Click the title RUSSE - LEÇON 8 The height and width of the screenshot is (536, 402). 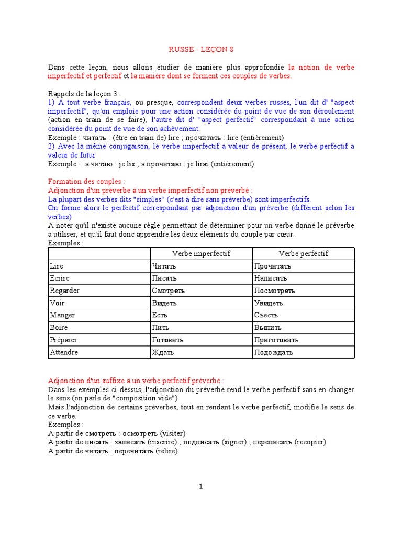tap(201, 50)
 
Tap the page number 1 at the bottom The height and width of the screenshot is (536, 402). tap(200, 486)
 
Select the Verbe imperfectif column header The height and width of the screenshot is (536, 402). tap(201, 254)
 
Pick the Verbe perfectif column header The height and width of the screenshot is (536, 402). tap(303, 254)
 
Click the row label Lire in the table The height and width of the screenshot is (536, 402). tap(56, 266)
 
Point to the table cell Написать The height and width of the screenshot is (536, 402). tap(271, 278)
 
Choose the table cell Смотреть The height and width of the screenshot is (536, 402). tap(169, 291)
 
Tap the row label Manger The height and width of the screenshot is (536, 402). tap(62, 315)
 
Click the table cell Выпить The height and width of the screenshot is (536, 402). tap(269, 328)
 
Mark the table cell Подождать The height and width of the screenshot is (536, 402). tap(274, 352)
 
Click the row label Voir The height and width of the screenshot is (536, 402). tap(57, 303)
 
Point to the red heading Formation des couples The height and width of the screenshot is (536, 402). tap(86, 181)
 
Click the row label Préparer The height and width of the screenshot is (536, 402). tap(64, 340)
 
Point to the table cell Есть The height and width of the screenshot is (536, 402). tap(159, 315)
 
